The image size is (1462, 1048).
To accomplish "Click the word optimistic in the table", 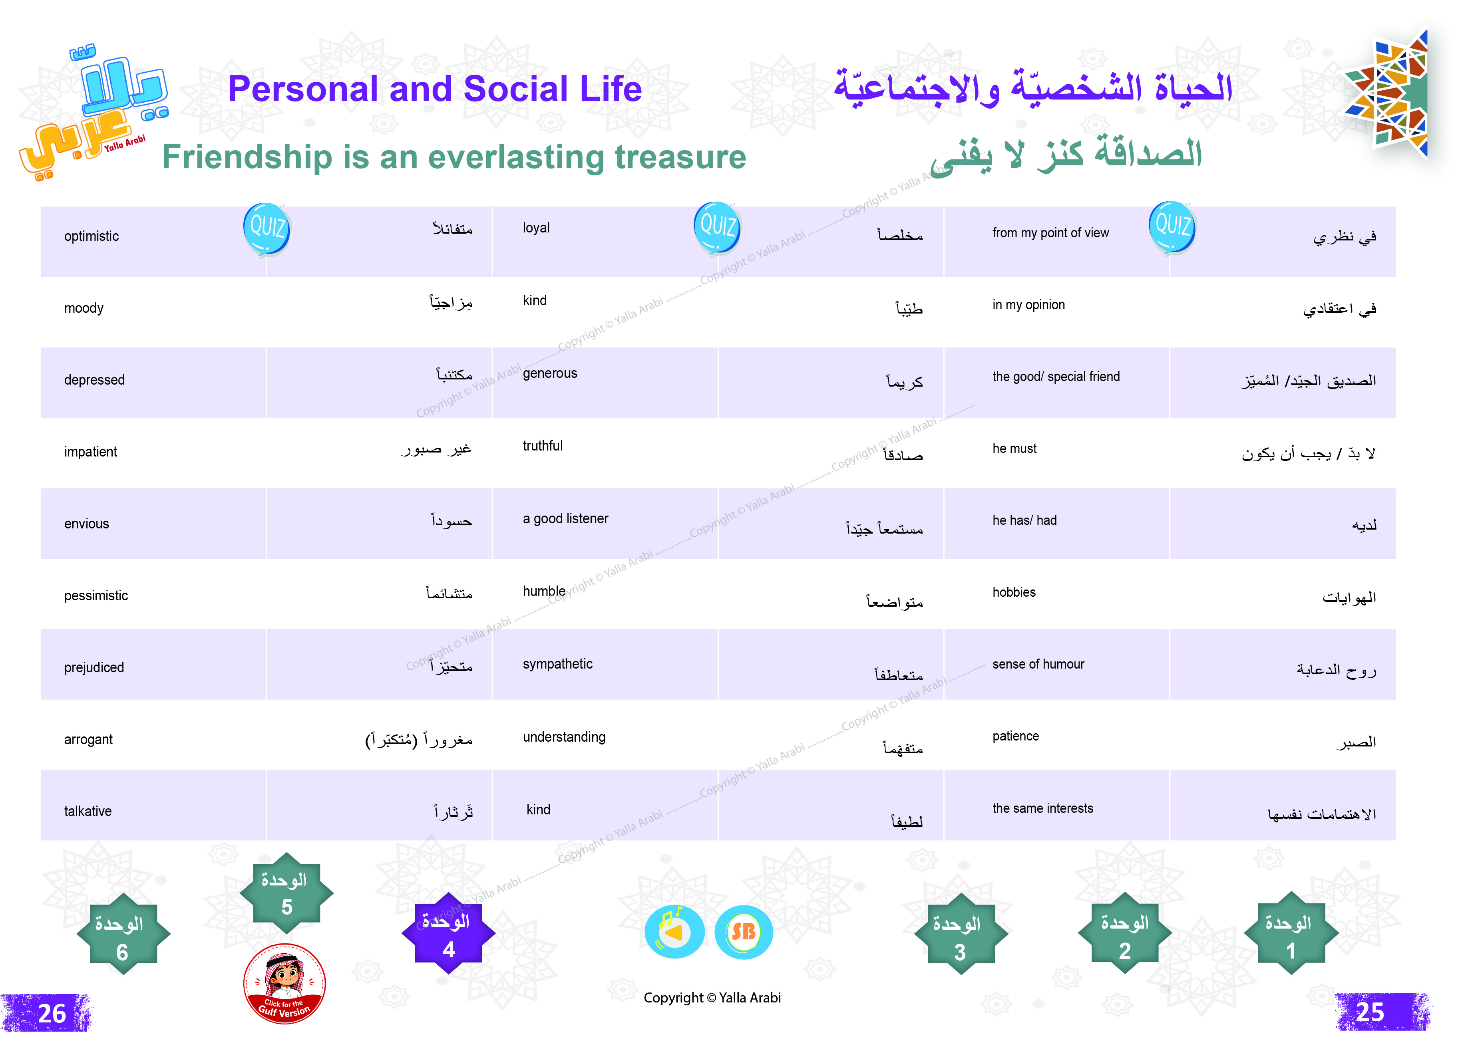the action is pyautogui.click(x=91, y=236).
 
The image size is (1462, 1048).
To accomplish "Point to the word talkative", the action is pyautogui.click(x=88, y=812).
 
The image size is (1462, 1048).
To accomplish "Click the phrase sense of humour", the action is pyautogui.click(x=1038, y=665).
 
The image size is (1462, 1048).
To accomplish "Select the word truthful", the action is pyautogui.click(x=543, y=446).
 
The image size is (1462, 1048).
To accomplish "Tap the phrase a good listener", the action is pyautogui.click(x=565, y=519).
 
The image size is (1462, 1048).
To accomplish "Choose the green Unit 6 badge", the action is pyautogui.click(x=123, y=935).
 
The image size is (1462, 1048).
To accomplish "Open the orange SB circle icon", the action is pyautogui.click(x=744, y=932).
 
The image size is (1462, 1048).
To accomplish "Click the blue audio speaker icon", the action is pyautogui.click(x=674, y=932).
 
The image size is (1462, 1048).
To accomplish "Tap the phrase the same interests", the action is pyautogui.click(x=1042, y=809).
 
